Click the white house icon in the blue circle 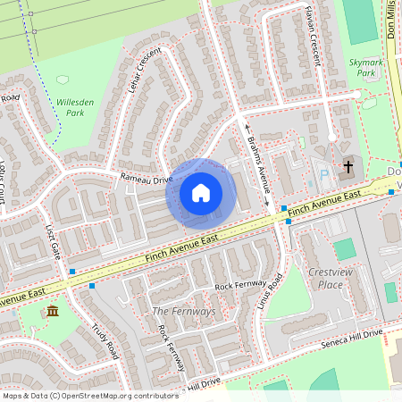(x=201, y=192)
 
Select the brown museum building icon (x=53, y=311)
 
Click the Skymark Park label (x=367, y=67)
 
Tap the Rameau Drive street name (x=147, y=180)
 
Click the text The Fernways (x=183, y=311)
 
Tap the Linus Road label (x=272, y=293)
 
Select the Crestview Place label (x=324, y=278)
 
